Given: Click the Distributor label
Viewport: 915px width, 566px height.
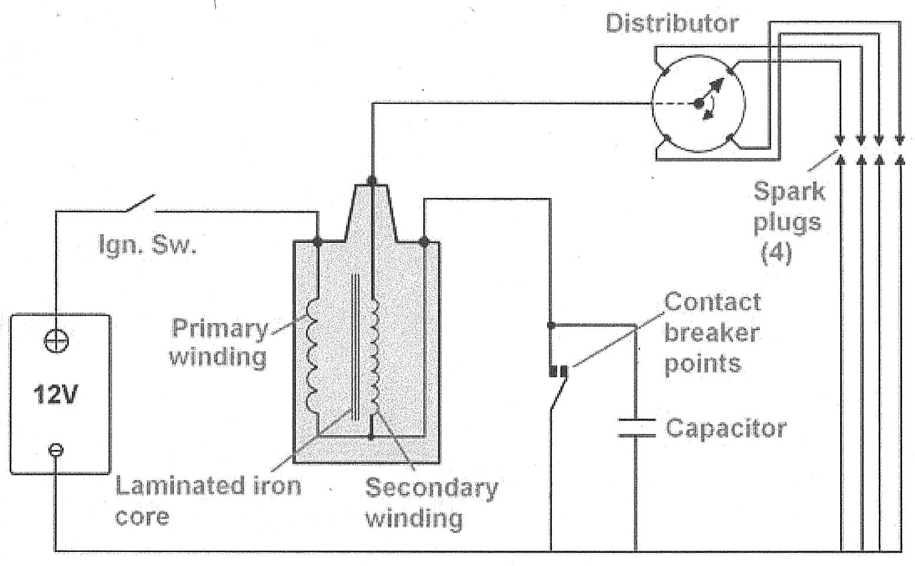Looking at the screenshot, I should pyautogui.click(x=672, y=24).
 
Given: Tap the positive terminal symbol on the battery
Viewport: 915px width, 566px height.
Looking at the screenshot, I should pyautogui.click(x=57, y=341).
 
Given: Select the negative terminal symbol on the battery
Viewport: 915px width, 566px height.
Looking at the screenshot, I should pyautogui.click(x=57, y=450).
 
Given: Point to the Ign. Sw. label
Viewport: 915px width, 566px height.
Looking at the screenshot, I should pyautogui.click(x=147, y=243).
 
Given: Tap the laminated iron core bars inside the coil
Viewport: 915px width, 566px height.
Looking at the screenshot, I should pyautogui.click(x=355, y=348).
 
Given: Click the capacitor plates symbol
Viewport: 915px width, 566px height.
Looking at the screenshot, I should pyautogui.click(x=636, y=427).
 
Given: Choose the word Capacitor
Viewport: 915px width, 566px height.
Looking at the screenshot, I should pyautogui.click(x=726, y=429).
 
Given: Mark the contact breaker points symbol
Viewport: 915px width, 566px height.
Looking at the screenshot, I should pyautogui.click(x=558, y=371).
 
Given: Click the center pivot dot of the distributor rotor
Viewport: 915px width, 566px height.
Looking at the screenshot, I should pyautogui.click(x=699, y=104).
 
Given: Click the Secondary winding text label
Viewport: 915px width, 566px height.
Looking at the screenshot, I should pyautogui.click(x=431, y=503).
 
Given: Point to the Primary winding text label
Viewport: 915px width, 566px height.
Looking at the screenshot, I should pyautogui.click(x=219, y=343).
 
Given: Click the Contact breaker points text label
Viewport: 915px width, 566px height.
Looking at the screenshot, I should pyautogui.click(x=712, y=333).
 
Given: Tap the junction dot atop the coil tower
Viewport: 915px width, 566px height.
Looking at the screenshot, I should pyautogui.click(x=371, y=179).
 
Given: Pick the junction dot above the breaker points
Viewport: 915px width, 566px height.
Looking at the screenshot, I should pyautogui.click(x=551, y=325).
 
